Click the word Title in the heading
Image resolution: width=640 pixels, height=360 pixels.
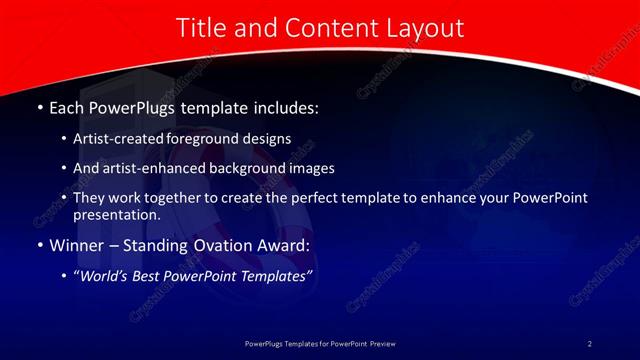coord(200,29)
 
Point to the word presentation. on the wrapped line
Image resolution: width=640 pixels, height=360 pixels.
coord(117,214)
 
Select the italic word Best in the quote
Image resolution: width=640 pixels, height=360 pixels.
coord(148,275)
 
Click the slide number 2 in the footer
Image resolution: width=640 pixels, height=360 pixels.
coord(589,344)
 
